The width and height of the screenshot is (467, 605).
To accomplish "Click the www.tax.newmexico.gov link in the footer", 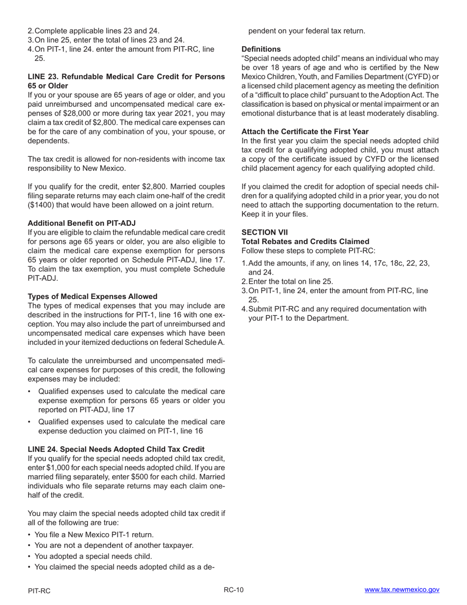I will (402, 590).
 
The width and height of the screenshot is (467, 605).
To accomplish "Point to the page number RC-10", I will (233, 590).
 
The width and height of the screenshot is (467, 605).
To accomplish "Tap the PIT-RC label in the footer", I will (39, 591).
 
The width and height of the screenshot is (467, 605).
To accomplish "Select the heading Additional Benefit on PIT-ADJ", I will (82, 223).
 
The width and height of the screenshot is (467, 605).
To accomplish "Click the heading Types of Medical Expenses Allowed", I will (92, 296).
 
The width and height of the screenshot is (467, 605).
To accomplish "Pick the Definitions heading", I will (261, 49).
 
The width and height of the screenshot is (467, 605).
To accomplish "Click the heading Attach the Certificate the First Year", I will (305, 131).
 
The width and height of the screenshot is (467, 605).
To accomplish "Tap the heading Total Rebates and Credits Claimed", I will (305, 242).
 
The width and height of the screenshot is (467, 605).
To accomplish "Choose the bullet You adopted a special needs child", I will (93, 556).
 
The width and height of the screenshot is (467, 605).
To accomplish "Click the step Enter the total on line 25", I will (291, 282).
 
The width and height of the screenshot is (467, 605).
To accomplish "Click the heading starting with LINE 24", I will (116, 449).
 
